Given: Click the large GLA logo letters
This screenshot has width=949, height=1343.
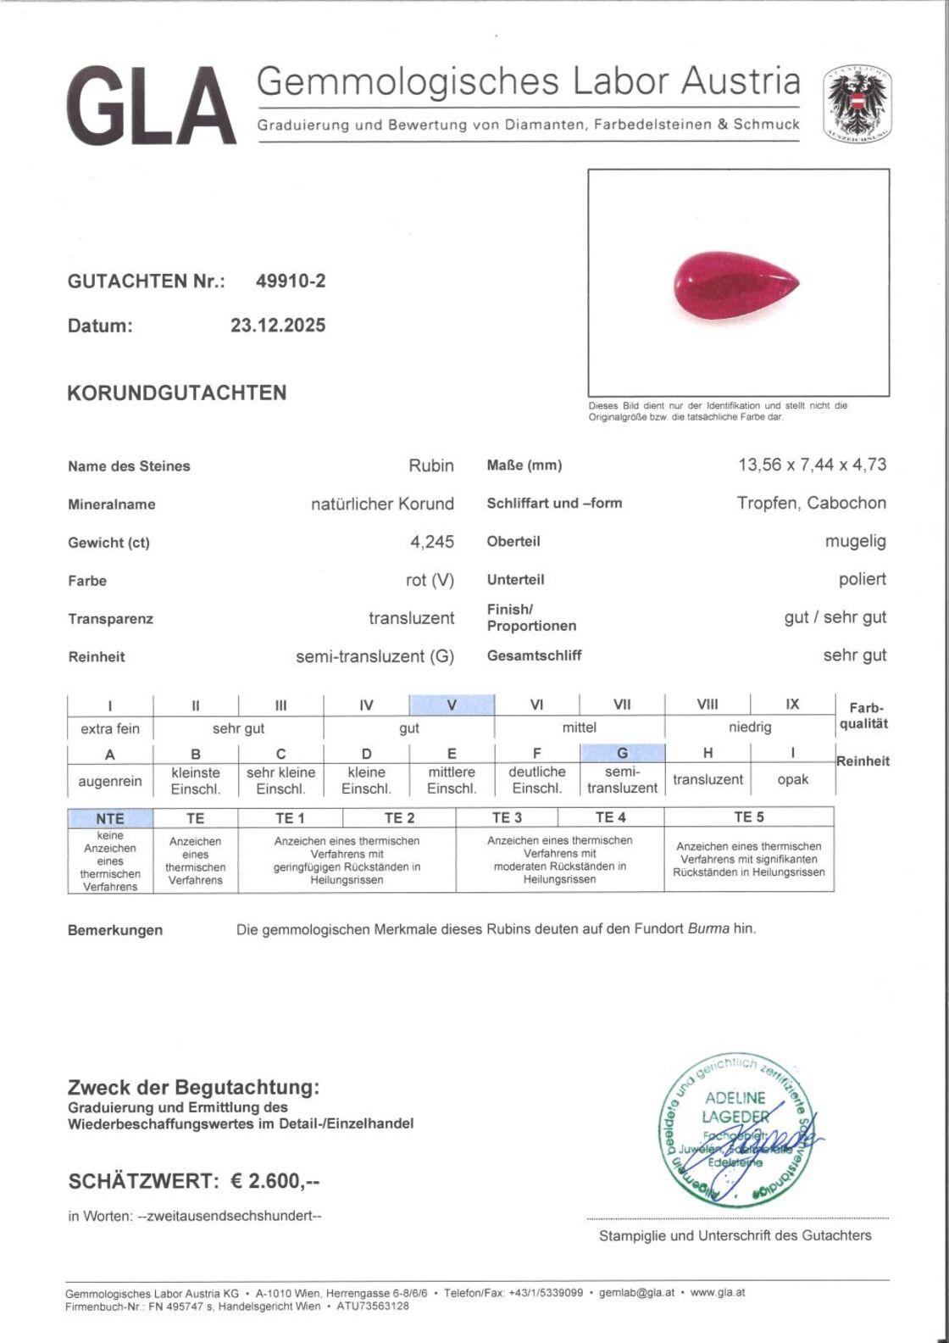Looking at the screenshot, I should tap(151, 108).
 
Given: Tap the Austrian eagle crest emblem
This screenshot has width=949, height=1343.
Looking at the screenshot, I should tap(858, 103).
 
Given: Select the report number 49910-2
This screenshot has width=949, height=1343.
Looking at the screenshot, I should tap(291, 281).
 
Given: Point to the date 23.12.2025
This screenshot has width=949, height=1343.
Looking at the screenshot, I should tap(278, 326).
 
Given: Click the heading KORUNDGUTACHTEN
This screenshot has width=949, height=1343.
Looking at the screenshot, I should tap(177, 393).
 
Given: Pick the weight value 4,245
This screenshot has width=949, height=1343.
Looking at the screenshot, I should tap(432, 542).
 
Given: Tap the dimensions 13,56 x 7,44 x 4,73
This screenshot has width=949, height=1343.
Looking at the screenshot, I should tap(812, 465).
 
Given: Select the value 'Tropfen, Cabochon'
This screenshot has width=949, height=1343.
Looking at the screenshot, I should tap(811, 503).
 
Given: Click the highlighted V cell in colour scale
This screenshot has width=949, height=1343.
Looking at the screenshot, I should tap(452, 705).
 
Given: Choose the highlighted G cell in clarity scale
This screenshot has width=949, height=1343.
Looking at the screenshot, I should tap(622, 753).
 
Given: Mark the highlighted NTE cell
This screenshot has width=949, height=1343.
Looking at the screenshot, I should tap(110, 818).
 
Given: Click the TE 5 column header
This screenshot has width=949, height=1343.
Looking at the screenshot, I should tap(748, 817).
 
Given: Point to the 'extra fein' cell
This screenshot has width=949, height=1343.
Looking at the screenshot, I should tap(110, 728).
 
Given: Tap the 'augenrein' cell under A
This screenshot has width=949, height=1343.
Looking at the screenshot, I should tap(110, 781).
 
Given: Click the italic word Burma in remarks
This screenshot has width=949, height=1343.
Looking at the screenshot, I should tap(708, 928).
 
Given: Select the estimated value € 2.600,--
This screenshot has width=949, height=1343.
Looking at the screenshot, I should tap(275, 1181).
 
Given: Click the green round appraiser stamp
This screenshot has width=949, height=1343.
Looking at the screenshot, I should tap(735, 1129).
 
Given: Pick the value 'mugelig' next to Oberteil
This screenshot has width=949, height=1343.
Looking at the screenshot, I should tap(855, 541).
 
